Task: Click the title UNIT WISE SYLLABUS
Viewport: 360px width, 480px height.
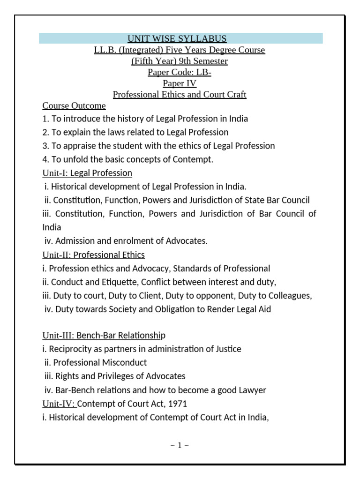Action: pos(180,38)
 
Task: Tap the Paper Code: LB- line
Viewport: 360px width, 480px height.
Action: pos(180,72)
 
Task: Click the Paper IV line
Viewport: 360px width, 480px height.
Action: pos(180,83)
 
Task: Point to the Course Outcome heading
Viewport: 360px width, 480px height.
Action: pos(74,106)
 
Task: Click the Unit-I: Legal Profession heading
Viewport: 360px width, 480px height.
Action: pos(87,173)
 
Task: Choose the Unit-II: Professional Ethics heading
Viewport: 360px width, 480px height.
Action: pos(93,255)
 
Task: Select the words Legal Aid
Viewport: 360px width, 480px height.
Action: pos(254,309)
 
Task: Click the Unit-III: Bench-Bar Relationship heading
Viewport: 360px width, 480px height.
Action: pos(104,335)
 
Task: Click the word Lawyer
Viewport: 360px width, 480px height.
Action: pos(252,390)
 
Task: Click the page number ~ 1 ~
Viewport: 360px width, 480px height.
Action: pos(180,445)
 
